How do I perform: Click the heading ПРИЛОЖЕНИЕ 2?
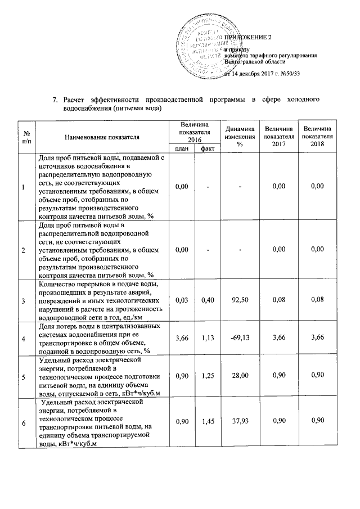coord(247,37)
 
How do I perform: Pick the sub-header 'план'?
coord(181,148)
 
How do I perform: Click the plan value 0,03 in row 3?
coord(181,301)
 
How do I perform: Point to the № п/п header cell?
coord(26,136)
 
